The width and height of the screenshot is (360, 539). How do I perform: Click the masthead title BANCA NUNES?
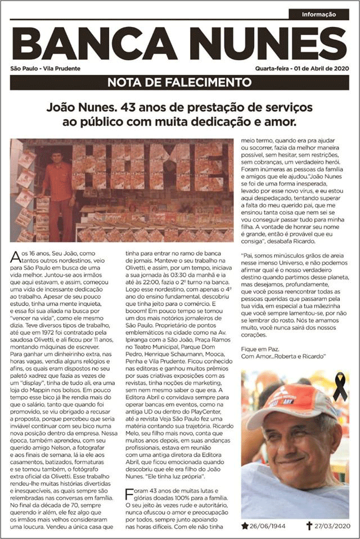179,44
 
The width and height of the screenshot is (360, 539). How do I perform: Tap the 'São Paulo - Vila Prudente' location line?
45,69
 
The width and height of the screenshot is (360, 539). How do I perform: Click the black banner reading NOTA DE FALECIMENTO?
179,83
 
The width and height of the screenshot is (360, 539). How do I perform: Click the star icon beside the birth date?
245,526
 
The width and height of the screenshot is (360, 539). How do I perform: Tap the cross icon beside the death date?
309,526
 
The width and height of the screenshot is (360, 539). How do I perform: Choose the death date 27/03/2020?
332,527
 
